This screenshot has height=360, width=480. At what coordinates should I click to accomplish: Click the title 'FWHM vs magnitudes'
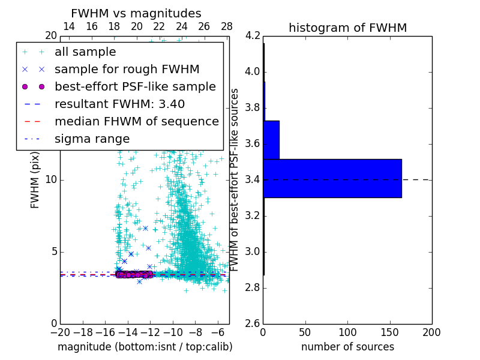point(136,13)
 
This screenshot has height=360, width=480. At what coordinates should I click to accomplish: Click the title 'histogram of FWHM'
point(347,28)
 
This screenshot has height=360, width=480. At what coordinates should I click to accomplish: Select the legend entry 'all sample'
point(85,52)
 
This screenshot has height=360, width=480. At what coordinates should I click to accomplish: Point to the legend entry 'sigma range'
point(92,139)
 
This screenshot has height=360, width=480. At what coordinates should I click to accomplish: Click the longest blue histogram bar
point(332,178)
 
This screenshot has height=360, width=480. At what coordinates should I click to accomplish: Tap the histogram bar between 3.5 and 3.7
point(271,140)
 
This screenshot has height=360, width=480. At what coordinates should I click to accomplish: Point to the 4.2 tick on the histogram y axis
point(253,36)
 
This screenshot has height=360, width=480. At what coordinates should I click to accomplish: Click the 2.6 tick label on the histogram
point(253,323)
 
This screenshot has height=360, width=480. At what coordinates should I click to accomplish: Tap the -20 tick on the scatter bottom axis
point(60,332)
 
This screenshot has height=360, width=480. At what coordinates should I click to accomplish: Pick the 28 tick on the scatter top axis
point(227,26)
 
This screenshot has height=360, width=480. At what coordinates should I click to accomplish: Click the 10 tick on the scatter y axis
point(50,179)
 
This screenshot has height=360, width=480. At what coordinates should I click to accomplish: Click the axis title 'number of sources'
point(347,347)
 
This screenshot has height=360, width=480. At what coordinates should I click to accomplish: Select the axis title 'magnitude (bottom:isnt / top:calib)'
point(145,347)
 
